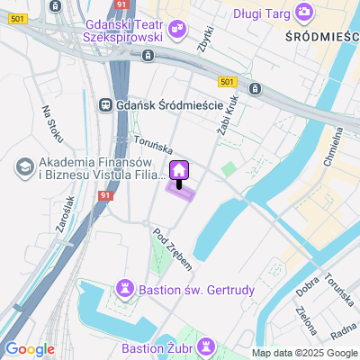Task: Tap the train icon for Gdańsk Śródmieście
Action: (106, 104)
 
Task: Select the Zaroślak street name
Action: (63, 215)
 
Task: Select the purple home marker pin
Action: (178, 169)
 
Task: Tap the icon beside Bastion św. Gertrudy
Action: (125, 290)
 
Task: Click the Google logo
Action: (30, 349)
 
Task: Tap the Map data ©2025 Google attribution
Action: (304, 353)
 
